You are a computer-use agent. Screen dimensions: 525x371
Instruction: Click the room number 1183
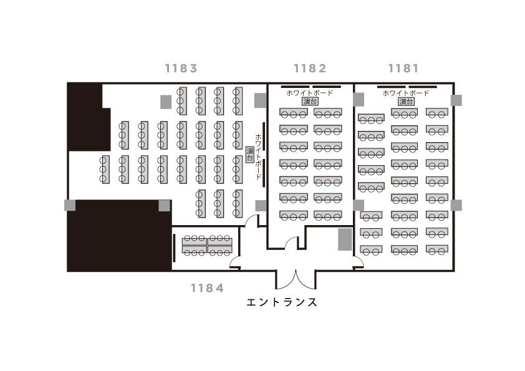click(181, 69)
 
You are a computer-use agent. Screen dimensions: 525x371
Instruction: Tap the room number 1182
click(310, 69)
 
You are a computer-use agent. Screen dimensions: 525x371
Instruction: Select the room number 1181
click(403, 69)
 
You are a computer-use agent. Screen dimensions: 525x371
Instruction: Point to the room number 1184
click(207, 288)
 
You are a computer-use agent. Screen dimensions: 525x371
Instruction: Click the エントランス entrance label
click(282, 302)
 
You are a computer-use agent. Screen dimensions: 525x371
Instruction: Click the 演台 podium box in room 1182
click(310, 101)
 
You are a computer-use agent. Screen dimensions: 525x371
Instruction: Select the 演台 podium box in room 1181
click(406, 101)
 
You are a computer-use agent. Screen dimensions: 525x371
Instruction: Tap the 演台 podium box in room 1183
click(250, 155)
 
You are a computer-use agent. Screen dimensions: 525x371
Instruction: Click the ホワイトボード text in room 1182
click(310, 93)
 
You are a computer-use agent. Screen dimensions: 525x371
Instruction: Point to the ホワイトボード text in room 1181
click(406, 93)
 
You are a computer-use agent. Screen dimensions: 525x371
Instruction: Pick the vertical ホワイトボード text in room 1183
click(259, 157)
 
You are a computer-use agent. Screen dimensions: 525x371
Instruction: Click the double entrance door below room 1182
click(296, 279)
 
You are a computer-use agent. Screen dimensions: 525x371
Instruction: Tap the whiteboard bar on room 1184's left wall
click(174, 248)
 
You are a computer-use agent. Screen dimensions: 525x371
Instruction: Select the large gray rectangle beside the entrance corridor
click(345, 239)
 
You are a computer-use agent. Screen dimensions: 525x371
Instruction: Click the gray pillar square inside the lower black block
click(164, 206)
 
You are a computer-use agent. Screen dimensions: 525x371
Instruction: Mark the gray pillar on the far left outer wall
click(70, 205)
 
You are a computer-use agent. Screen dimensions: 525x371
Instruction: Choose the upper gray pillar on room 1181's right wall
click(456, 100)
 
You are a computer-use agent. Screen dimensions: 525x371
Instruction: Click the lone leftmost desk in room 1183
click(105, 169)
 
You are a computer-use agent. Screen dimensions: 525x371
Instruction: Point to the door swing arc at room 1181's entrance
click(359, 260)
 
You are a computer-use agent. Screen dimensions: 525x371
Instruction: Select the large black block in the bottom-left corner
click(120, 236)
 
